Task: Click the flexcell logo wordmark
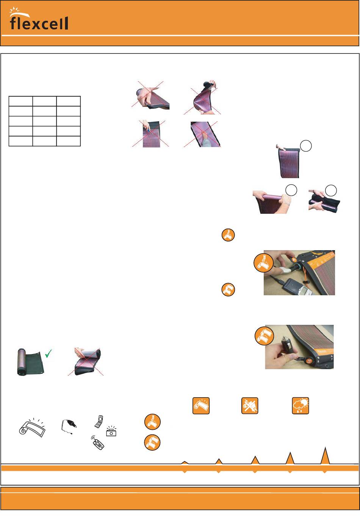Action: coord(39,23)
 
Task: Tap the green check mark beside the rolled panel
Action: coord(49,353)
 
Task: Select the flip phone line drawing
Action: coord(99,421)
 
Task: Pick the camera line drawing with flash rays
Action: coord(111,431)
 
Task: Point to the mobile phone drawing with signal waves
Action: coord(98,443)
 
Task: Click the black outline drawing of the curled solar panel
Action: coord(32,428)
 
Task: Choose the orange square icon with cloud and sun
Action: coord(300,406)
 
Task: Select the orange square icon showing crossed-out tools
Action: coord(249,406)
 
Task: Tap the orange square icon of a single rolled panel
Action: coord(201,406)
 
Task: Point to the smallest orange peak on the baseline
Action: coord(184,462)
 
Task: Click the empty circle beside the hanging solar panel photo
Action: coord(306,146)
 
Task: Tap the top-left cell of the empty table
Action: coord(20,101)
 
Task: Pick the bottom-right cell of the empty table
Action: coord(68,141)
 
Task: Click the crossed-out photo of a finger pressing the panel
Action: coord(202,134)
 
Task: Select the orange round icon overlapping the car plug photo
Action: coord(264,335)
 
